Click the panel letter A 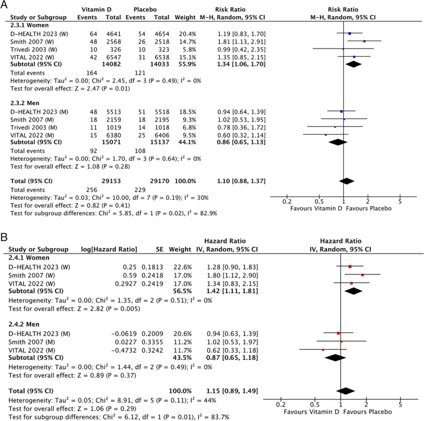pyautogui.click(x=5, y=5)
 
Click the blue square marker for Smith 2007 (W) pyautogui.click(x=364, y=41)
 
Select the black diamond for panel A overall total pyautogui.click(x=346, y=179)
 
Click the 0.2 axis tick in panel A pyautogui.click(x=286, y=202)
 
